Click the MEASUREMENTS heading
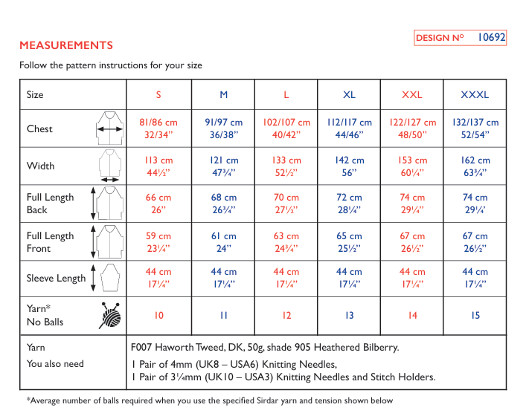pos(66,45)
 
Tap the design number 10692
pos(491,37)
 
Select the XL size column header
pos(349,94)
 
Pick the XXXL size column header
pos(475,94)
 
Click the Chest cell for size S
pos(158,129)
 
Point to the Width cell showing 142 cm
pos(349,166)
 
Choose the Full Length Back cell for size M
pos(224,204)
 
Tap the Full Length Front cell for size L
pos(286,242)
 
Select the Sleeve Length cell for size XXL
pos(412,278)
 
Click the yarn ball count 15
pos(475,315)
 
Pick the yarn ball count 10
pos(159,315)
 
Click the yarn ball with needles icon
pos(110,315)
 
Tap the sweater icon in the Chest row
pos(109,128)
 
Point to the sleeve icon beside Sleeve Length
pos(110,278)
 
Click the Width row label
pos(40,166)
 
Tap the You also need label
pos(55,364)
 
